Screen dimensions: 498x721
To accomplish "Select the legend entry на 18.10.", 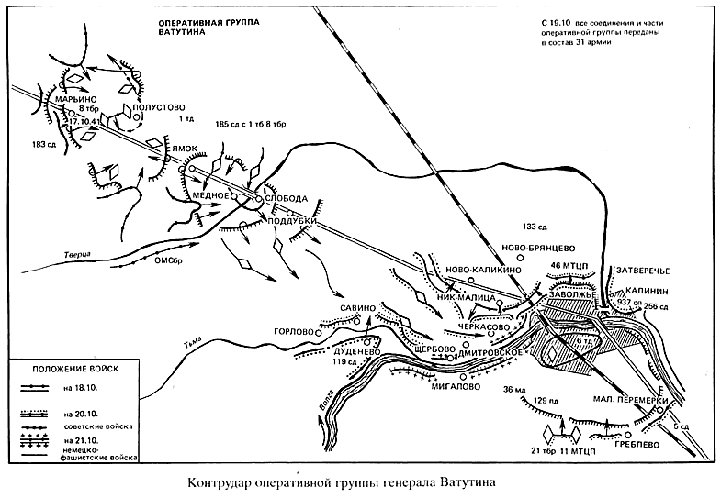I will (81, 389).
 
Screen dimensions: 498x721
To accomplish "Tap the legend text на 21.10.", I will (81, 441).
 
